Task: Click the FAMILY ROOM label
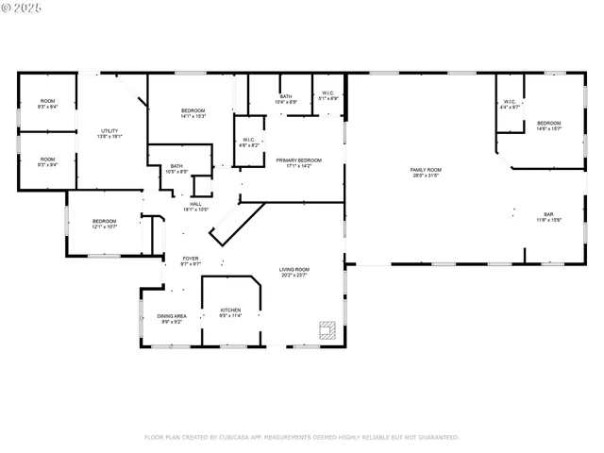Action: (x=426, y=169)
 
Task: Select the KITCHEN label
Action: (x=230, y=310)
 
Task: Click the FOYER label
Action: (x=191, y=258)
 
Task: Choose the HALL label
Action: (x=195, y=204)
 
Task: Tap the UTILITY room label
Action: (x=110, y=130)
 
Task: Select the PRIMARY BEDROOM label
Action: (x=298, y=160)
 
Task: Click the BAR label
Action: (x=548, y=214)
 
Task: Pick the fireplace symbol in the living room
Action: (x=327, y=329)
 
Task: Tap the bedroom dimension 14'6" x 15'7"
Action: (x=548, y=128)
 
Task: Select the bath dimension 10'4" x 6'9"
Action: (x=286, y=102)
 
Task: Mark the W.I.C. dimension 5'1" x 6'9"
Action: (x=327, y=98)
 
